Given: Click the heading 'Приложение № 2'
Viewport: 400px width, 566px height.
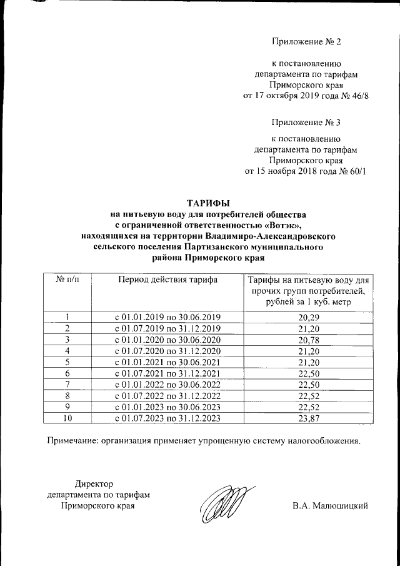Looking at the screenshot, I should click(x=306, y=42).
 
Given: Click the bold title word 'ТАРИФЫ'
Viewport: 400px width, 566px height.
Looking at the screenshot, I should click(x=209, y=203).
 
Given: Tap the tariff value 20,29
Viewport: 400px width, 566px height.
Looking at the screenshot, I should click(x=308, y=317).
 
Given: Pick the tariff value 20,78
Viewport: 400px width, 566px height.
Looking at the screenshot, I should click(x=308, y=340).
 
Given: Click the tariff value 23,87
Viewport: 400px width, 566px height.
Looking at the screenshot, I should click(x=308, y=418).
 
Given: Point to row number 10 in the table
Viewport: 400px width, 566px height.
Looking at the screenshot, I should click(x=67, y=418).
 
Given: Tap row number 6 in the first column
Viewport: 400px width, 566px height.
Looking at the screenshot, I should click(x=67, y=373).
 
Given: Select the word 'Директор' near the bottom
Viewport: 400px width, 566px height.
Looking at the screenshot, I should click(x=94, y=483).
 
